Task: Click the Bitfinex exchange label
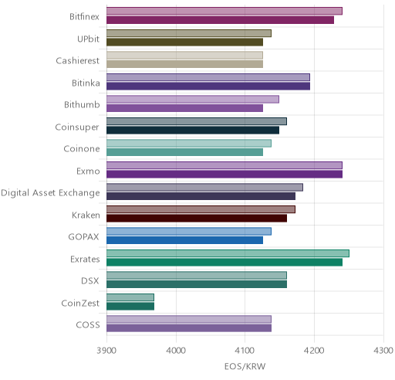coord(84,16)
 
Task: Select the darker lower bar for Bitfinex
coord(221,20)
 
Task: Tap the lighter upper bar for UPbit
coord(189,33)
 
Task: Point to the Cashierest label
coord(77,61)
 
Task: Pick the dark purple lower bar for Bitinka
coord(208,87)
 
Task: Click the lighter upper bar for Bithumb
coord(193,100)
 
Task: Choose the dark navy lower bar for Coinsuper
coord(193,131)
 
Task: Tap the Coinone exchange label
coord(82,149)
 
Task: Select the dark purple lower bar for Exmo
coord(225,175)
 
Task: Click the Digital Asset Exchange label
coord(50,193)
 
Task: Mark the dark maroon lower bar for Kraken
coord(197,219)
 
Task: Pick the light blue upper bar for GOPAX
coord(189,232)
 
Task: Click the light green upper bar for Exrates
coord(228,253)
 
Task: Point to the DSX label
coord(90,280)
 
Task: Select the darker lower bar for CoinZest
coord(130,307)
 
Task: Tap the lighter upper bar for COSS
coord(189,320)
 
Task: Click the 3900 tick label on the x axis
coord(106,351)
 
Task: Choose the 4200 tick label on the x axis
coord(314,351)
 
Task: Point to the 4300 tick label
coord(383,351)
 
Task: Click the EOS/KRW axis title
coord(245,366)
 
